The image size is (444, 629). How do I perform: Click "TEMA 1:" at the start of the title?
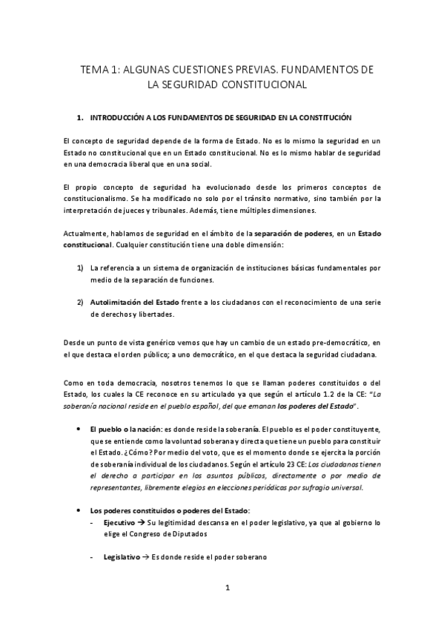point(99,69)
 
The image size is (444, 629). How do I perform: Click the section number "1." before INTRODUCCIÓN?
point(81,118)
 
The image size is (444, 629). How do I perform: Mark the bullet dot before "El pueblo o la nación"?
point(79,429)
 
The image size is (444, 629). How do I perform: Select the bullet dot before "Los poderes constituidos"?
point(79,511)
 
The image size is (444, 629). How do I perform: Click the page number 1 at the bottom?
point(229,588)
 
